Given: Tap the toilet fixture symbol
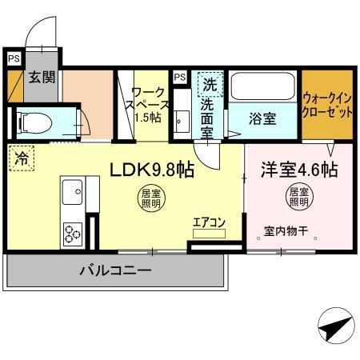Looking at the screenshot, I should click(x=34, y=122).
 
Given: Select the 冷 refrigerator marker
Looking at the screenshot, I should click(x=21, y=158).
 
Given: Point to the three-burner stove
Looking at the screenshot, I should click(x=72, y=234).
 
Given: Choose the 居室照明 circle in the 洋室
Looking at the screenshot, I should click(x=298, y=198).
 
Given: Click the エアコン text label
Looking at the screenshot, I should click(x=209, y=223).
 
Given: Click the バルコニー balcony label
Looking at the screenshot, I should click(x=114, y=272).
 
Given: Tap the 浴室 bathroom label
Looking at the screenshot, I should click(x=263, y=118).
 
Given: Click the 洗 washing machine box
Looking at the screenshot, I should click(x=209, y=83).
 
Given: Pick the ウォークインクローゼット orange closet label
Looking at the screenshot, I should click(x=327, y=105).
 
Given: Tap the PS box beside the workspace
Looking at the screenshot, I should click(x=180, y=77).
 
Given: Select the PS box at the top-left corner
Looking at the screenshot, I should click(x=14, y=58).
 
